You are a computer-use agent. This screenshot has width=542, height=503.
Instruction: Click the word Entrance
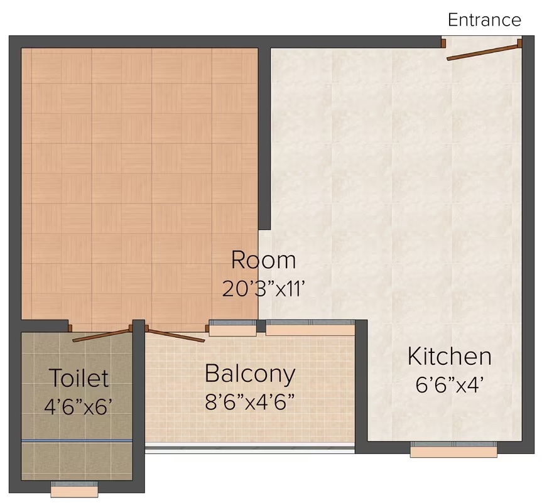pyautogui.click(x=484, y=19)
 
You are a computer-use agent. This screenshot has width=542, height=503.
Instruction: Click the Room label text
pyautogui.click(x=263, y=260)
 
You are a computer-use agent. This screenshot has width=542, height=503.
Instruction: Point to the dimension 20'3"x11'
pyautogui.click(x=263, y=288)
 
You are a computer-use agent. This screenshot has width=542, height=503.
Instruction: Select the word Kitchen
pyautogui.click(x=449, y=356)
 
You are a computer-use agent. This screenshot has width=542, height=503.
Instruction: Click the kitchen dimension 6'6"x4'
pyautogui.click(x=449, y=384)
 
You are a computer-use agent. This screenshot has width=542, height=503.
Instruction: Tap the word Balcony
pyautogui.click(x=250, y=374)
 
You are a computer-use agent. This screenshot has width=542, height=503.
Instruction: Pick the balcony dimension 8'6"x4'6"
pyautogui.click(x=250, y=402)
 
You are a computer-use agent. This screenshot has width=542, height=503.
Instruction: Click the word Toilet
pyautogui.click(x=79, y=377)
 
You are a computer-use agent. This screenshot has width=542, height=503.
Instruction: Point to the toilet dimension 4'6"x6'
pyautogui.click(x=79, y=406)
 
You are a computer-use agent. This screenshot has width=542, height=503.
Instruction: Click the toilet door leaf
pyautogui.click(x=101, y=335)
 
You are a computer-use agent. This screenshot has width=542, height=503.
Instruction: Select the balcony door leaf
pyautogui.click(x=175, y=336)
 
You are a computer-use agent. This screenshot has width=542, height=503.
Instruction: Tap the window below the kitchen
pyautogui.click(x=453, y=450)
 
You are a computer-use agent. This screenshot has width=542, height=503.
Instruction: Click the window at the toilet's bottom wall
pyautogui.click(x=74, y=489)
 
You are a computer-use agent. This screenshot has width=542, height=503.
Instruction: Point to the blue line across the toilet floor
pyautogui.click(x=77, y=441)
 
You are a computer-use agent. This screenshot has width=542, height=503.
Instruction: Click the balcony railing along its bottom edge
pyautogui.click(x=250, y=449)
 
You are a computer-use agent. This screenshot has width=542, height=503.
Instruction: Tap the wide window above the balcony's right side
pyautogui.click(x=310, y=328)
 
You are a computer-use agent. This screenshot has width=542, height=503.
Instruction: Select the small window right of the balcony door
pyautogui.click(x=232, y=328)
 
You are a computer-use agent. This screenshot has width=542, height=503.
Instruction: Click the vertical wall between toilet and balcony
pyautogui.click(x=139, y=406)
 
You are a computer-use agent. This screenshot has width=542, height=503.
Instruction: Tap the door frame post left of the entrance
pyautogui.click(x=443, y=43)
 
